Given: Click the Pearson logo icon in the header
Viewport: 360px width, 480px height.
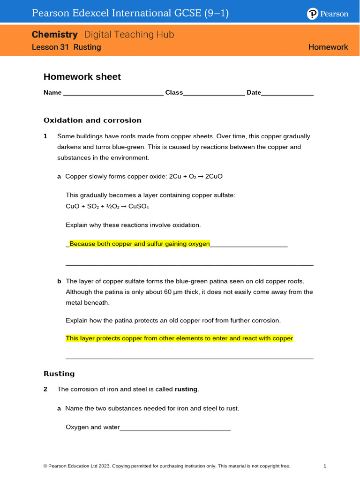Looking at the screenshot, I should pos(313,14).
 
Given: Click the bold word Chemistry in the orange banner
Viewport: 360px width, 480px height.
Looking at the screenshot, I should pos(54,35).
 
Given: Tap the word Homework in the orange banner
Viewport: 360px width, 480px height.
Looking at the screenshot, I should pos(328,47).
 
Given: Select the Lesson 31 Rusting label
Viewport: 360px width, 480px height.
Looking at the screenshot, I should pos(66,47).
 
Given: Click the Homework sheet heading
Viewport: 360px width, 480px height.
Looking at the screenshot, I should pos(82,77).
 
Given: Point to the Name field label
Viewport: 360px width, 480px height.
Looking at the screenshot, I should pos(52,93).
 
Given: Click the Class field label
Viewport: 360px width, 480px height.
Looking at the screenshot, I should pos(174,93).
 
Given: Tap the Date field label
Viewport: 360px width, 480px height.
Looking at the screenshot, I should pos(254,93).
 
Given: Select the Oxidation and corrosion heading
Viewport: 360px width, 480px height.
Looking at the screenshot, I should pos(92,120).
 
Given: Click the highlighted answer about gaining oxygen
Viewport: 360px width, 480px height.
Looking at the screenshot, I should pos(139,244).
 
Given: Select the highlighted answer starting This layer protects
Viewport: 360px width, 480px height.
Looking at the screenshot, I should pos(179,338).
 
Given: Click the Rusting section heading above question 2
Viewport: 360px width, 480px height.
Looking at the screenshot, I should pos(59,374).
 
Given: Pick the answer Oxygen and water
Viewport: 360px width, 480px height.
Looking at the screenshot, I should pos(93,427).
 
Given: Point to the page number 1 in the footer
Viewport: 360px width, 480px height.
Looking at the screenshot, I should pos(325,466).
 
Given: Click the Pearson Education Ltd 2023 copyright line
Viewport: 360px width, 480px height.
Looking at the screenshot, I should pos(166,466).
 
